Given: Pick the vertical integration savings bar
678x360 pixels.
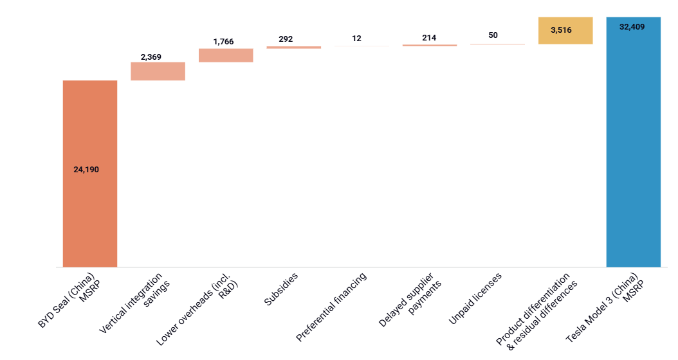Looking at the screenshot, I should pyautogui.click(x=158, y=71).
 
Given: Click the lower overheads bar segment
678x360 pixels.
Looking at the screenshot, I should pyautogui.click(x=226, y=55).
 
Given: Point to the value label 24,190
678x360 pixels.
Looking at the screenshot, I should pyautogui.click(x=86, y=170).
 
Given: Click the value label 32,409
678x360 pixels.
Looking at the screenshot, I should pyautogui.click(x=632, y=27).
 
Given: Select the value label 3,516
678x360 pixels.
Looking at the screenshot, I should pyautogui.click(x=561, y=30).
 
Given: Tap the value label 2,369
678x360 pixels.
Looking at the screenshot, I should pyautogui.click(x=151, y=57).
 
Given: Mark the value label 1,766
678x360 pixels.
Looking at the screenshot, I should pyautogui.click(x=223, y=42).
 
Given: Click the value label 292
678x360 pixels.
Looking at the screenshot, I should pyautogui.click(x=286, y=39).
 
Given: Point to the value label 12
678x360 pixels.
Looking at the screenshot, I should pyautogui.click(x=356, y=39).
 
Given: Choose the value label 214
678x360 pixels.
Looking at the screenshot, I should pyautogui.click(x=429, y=38).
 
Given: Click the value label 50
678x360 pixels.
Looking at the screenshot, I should pyautogui.click(x=493, y=35).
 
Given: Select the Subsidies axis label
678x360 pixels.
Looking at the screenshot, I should pyautogui.click(x=281, y=290).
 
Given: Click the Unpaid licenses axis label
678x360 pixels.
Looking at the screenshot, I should pyautogui.click(x=475, y=297).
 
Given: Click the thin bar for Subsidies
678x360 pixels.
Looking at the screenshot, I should pyautogui.click(x=293, y=47).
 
